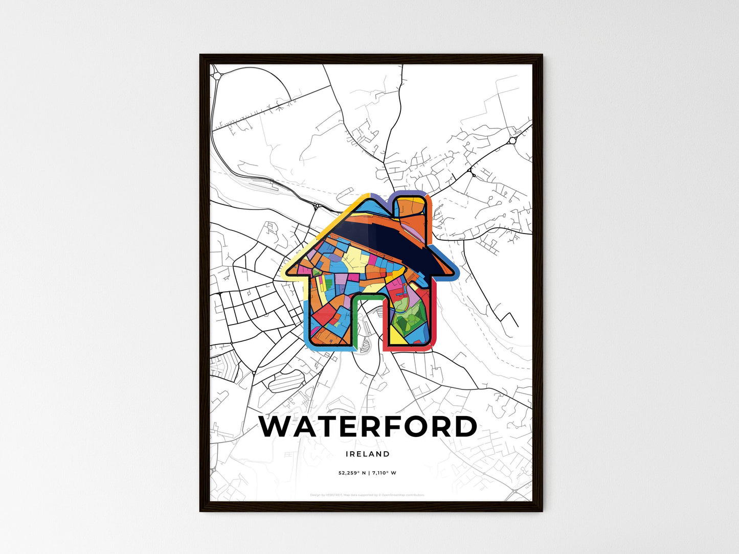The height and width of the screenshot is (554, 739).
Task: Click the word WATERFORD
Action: click(368, 427)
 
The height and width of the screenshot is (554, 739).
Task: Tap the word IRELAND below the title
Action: click(368, 454)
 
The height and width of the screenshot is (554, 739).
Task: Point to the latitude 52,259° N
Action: click(352, 473)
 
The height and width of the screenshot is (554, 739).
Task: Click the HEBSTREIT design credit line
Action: click(368, 495)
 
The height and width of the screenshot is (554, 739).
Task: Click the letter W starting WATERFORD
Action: click(277, 427)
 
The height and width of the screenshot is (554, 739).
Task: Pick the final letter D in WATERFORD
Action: click(464, 427)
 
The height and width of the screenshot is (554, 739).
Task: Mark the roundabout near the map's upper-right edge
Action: click(512, 140)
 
